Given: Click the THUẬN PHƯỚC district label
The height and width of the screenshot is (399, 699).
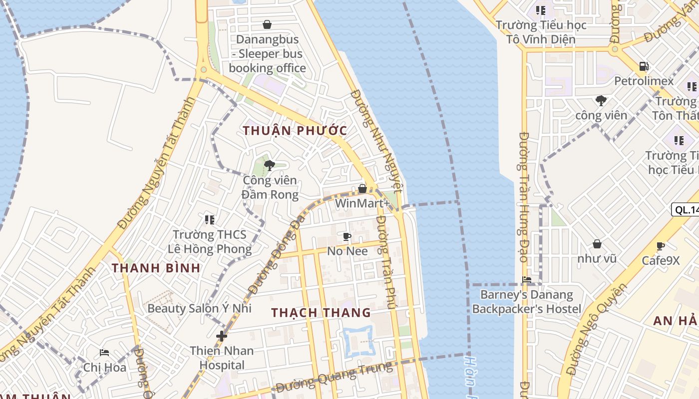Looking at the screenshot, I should pyautogui.click(x=295, y=131).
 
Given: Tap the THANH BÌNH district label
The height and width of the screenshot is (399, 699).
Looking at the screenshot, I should pyautogui.click(x=156, y=268).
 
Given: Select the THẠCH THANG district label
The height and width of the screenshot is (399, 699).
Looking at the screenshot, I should pyautogui.click(x=321, y=313).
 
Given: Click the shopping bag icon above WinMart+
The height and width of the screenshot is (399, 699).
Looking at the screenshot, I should pyautogui.click(x=362, y=189).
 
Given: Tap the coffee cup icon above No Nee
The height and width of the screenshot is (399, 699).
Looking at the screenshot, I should pyautogui.click(x=347, y=236).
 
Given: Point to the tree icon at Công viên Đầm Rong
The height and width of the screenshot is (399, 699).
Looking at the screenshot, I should pyautogui.click(x=270, y=165).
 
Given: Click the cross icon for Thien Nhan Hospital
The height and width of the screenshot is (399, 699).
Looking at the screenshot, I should pyautogui.click(x=222, y=336).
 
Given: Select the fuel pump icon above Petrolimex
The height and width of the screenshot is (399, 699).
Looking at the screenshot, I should pyautogui.click(x=644, y=66).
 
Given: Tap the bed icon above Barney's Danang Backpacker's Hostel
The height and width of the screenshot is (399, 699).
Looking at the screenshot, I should pyautogui.click(x=526, y=280).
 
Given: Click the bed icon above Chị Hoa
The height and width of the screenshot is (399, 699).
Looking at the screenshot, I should pyautogui.click(x=104, y=353).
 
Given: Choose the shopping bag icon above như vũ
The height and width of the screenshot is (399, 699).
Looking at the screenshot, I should pyautogui.click(x=597, y=244).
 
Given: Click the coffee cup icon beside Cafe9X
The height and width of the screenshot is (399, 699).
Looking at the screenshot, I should pyautogui.click(x=661, y=246).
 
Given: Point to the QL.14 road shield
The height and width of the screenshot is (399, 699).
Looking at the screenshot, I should pyautogui.click(x=686, y=209).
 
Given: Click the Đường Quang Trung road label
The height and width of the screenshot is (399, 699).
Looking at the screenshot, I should pyautogui.click(x=335, y=378).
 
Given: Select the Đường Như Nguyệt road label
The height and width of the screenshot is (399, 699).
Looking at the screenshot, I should pyautogui.click(x=376, y=141).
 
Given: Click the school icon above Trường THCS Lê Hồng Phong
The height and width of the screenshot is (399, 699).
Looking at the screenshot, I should pyautogui.click(x=210, y=219).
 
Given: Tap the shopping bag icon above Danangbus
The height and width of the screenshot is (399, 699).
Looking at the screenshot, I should pyautogui.click(x=267, y=24).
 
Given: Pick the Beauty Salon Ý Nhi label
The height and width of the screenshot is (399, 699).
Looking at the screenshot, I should pyautogui.click(x=199, y=308).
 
